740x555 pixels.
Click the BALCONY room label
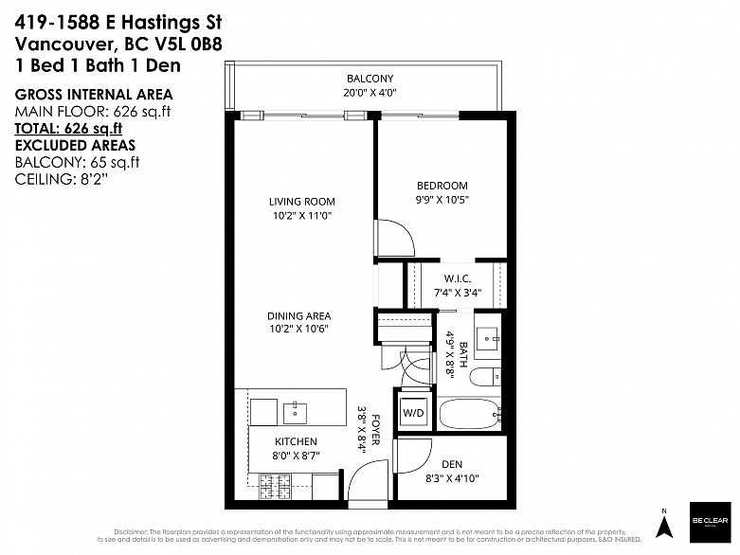click(x=370, y=78)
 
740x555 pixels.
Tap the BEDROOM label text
click(x=442, y=186)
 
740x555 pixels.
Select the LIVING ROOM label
click(x=301, y=202)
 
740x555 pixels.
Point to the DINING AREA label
click(x=298, y=316)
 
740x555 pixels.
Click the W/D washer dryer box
click(x=413, y=414)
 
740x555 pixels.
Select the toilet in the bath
click(x=483, y=378)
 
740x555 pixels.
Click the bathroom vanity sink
click(x=491, y=337)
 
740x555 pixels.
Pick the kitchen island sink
click(x=296, y=410)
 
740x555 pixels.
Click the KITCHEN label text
click(x=296, y=441)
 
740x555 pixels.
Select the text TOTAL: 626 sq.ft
click(x=68, y=129)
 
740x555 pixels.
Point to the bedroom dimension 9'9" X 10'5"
click(x=442, y=200)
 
